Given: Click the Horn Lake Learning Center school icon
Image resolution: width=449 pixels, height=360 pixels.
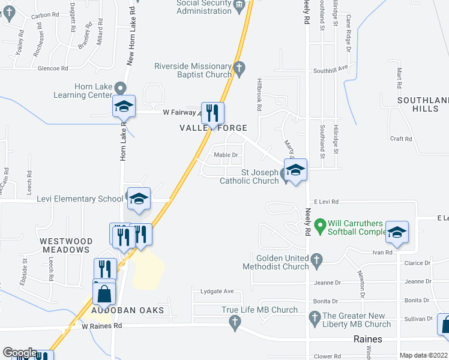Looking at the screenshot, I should coord(124,106).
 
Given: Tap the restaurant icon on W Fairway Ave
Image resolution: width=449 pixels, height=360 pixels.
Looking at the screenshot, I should coord(212,113).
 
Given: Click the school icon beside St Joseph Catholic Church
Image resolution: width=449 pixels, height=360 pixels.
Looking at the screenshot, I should coord(295,170).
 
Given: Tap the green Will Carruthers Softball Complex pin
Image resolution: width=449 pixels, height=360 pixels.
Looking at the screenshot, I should coord(320,227).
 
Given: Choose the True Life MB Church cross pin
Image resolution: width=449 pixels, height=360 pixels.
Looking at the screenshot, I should coord(235,323).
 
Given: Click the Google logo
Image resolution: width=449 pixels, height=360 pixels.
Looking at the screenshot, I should coord(20,353).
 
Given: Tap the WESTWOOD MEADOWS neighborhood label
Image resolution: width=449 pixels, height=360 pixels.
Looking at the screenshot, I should coord(66,247).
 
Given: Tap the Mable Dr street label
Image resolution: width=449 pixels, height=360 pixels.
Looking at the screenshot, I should coord(226,155).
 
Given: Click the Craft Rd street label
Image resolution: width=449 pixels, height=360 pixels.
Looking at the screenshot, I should coord(400,139).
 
